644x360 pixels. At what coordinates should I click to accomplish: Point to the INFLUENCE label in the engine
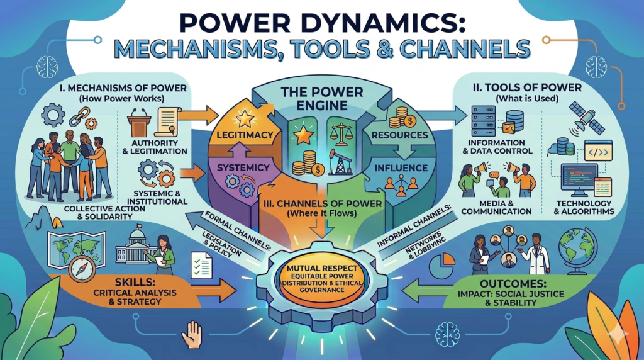pos(401,168)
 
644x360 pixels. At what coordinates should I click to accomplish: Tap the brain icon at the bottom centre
pos(448,332)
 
